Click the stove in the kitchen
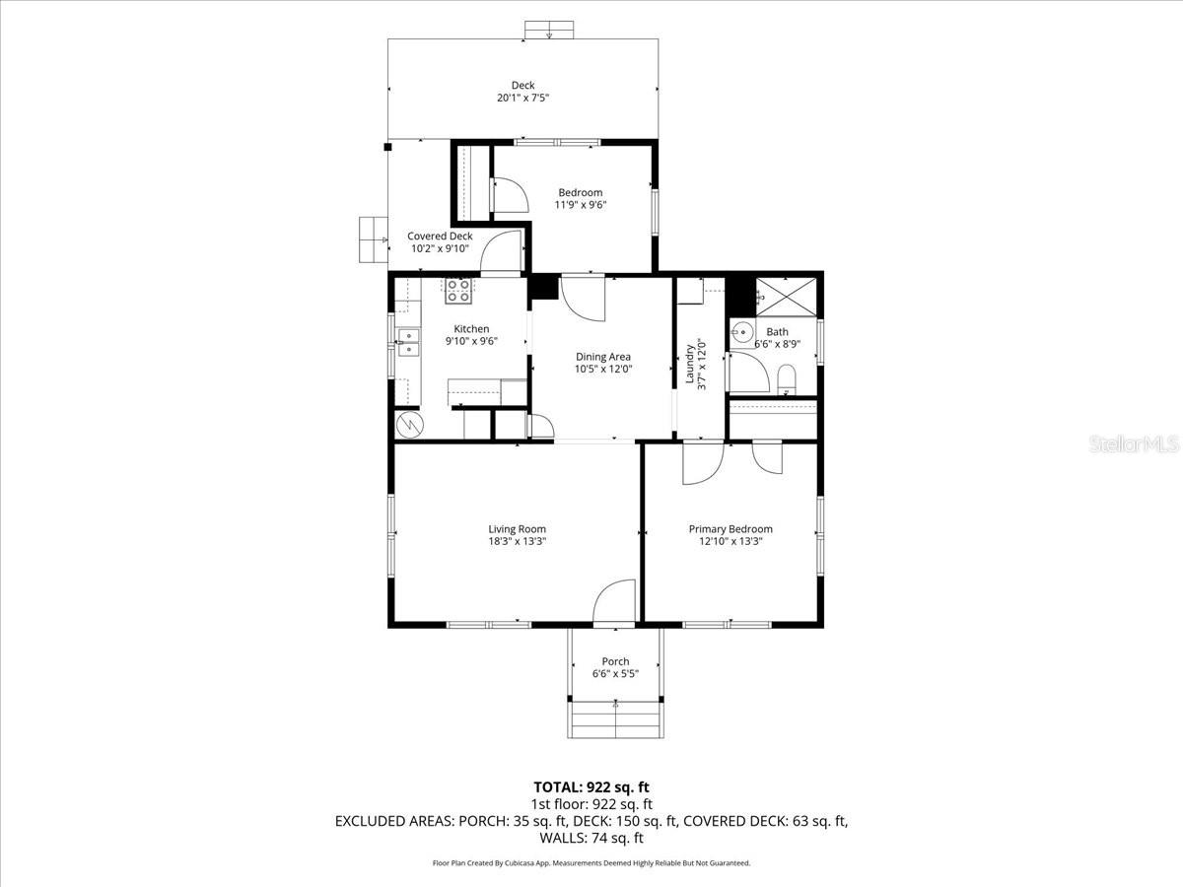click(x=457, y=290)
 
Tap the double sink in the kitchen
click(x=407, y=342)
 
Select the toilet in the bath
click(x=787, y=377)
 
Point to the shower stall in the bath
click(x=786, y=297)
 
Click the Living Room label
click(x=517, y=529)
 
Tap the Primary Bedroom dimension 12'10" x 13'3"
click(x=730, y=541)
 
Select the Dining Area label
click(x=603, y=357)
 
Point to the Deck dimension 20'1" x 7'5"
click(x=522, y=99)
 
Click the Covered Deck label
click(x=440, y=237)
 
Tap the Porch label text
click(x=615, y=661)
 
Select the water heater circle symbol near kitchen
click(x=408, y=425)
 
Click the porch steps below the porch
click(x=615, y=718)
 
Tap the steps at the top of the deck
click(x=549, y=31)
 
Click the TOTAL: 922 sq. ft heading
click(x=591, y=786)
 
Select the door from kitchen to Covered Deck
click(x=502, y=252)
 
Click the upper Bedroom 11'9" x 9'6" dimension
click(x=580, y=205)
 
